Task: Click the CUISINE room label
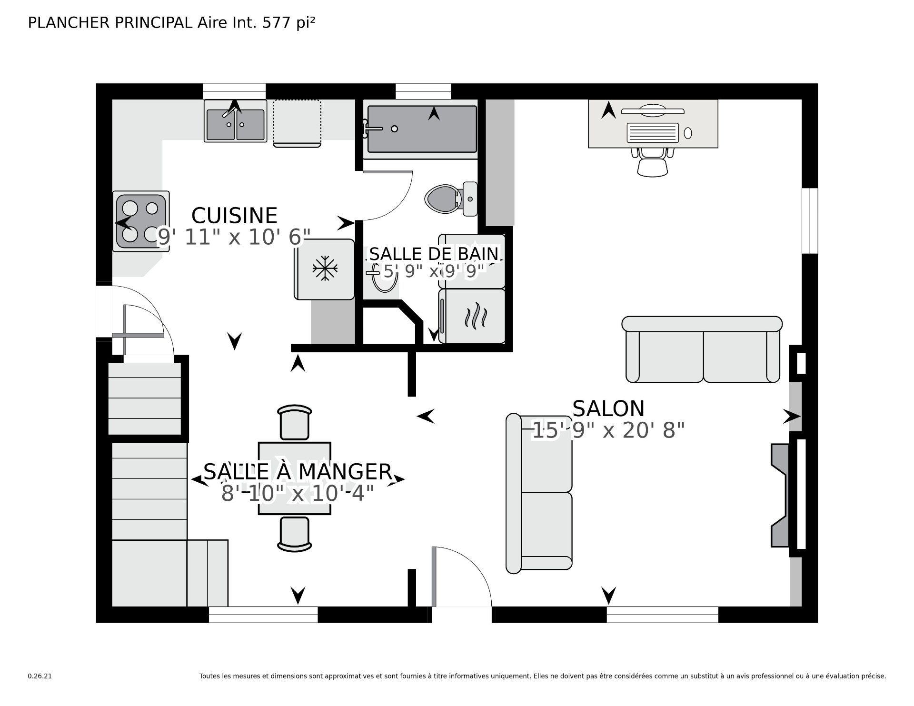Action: pos(234,216)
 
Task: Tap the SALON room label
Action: pos(608,408)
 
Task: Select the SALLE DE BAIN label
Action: pos(434,254)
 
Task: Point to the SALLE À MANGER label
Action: pos(298,472)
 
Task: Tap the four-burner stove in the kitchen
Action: pos(141,221)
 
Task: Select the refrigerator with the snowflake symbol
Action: pos(325,269)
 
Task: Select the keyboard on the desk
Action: pos(653,132)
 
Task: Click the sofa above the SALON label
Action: pos(702,349)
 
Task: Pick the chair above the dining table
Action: pos(295,422)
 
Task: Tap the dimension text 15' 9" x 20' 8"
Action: pos(608,431)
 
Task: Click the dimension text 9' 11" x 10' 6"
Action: pos(234,237)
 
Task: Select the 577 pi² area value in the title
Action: pos(289,22)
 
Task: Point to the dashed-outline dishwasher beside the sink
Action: pos(297,123)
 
